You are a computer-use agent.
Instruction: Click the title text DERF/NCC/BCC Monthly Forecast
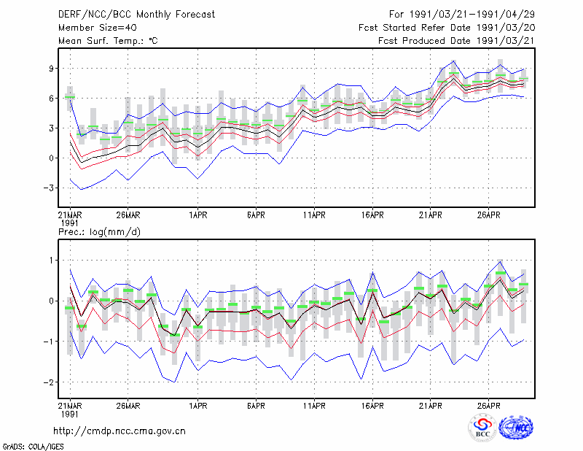point(136,15)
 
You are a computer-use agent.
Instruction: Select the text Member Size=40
point(98,28)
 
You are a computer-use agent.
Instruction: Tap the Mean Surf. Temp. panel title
point(108,41)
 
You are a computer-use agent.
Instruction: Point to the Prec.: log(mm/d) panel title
point(99,232)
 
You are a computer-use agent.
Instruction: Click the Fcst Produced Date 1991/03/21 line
point(456,41)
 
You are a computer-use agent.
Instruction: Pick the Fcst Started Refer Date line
point(447,28)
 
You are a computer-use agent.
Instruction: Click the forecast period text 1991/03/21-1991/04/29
point(472,14)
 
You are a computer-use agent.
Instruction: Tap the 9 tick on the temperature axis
point(51,69)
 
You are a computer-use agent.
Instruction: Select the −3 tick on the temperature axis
point(49,188)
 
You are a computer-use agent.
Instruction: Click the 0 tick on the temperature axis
point(51,158)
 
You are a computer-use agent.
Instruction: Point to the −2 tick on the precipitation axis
point(49,382)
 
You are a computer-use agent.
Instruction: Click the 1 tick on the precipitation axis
point(51,261)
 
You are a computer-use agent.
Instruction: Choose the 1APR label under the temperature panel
point(198,215)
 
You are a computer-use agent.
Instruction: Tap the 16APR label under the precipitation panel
point(372,406)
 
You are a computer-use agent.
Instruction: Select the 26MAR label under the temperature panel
point(128,215)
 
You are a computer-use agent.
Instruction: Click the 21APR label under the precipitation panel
point(431,406)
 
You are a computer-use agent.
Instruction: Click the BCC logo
point(482,428)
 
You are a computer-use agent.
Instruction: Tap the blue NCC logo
point(516,428)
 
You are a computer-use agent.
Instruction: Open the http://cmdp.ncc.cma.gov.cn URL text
point(120,431)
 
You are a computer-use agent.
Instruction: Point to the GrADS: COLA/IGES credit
point(33,447)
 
